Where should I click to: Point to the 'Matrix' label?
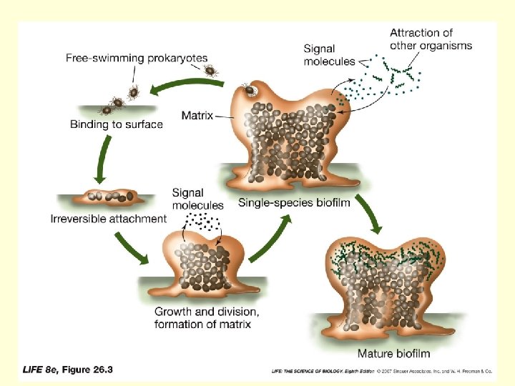[x=197, y=114]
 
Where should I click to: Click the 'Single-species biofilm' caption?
[x=294, y=202]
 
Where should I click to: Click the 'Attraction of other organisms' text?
[x=431, y=39]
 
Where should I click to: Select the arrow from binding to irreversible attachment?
[x=102, y=161]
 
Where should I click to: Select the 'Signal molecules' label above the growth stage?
[x=197, y=199]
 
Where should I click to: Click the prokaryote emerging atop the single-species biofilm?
[x=250, y=91]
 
